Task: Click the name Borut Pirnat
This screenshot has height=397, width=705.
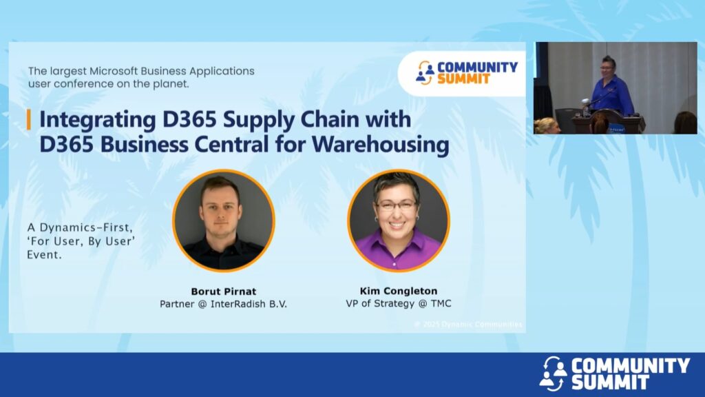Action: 224,292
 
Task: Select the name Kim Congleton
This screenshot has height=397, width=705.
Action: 399,291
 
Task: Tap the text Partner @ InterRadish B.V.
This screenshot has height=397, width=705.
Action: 224,304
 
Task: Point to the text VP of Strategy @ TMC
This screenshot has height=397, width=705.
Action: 399,303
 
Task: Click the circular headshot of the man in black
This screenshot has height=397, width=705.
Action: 224,221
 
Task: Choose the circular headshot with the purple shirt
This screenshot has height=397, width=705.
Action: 399,221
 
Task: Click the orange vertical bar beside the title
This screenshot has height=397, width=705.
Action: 29,119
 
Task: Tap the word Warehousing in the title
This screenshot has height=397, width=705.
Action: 380,145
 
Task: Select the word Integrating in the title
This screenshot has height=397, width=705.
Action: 98,120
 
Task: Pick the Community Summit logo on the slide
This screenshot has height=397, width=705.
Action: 466,73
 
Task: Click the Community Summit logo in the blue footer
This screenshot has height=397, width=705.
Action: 614,373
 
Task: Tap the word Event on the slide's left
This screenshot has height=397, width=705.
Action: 44,255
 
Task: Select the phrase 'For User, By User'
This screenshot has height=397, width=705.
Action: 81,241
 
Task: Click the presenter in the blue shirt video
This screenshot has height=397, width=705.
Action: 613,88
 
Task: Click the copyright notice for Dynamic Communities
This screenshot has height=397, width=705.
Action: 468,324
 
